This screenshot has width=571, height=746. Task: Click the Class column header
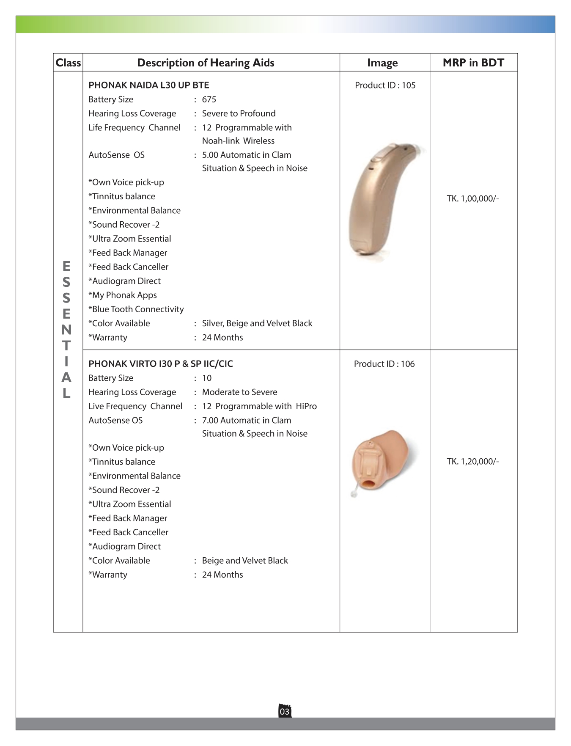[x=68, y=63]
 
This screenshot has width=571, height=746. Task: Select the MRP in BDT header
[x=473, y=63]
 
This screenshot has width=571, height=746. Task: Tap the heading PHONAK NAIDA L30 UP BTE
[x=149, y=85]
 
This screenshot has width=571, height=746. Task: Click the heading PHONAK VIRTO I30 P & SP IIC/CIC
[x=161, y=364]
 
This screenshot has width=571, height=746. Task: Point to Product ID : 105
[x=385, y=85]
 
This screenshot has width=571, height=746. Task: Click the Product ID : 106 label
[x=384, y=364]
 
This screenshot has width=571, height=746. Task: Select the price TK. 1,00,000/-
[x=473, y=198]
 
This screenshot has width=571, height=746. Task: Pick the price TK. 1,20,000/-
[x=473, y=461]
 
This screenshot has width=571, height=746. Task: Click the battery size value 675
[x=209, y=99]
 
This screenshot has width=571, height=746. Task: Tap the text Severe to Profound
[x=239, y=113]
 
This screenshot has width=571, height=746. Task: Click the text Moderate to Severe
[x=239, y=392]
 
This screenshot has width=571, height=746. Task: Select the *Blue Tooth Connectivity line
[x=136, y=309]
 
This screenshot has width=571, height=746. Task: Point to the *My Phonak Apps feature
[x=123, y=295]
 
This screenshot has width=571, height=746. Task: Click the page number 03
[x=285, y=712]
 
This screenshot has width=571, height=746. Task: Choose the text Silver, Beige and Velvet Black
[x=257, y=323]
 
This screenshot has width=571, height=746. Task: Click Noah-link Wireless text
[x=238, y=141]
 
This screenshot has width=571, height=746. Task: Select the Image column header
[x=382, y=63]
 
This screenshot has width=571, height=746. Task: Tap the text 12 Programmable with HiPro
[x=259, y=406]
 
